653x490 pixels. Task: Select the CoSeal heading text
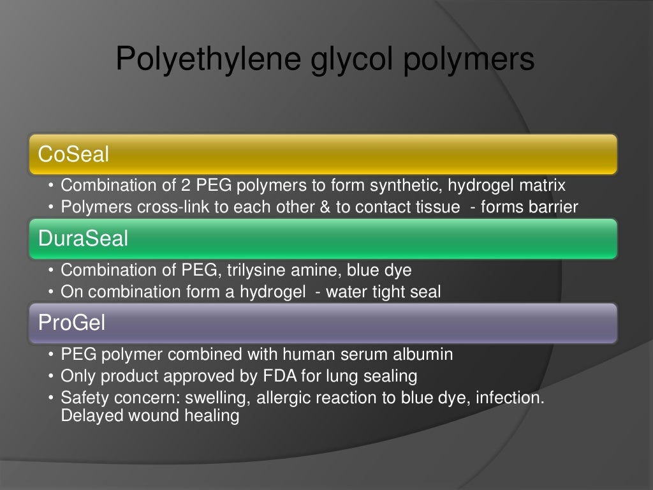click(73, 154)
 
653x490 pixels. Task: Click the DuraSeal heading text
click(83, 239)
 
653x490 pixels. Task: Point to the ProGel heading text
click(71, 323)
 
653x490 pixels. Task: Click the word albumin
click(423, 354)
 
